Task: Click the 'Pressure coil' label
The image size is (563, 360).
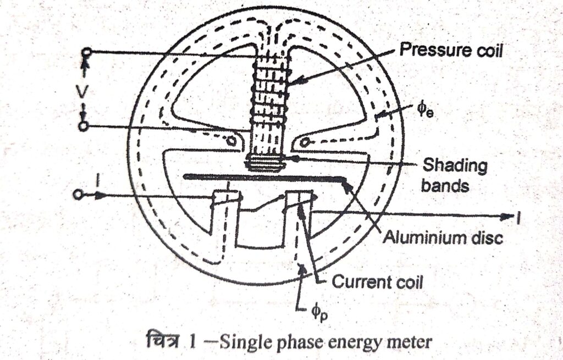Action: coord(451,51)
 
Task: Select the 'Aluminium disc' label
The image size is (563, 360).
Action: coord(443,239)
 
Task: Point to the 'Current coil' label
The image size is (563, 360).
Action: coord(377,283)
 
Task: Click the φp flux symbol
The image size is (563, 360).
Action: coord(317,316)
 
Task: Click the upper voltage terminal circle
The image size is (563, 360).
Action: coord(86,52)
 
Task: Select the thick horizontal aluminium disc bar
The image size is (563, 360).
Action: coord(264,177)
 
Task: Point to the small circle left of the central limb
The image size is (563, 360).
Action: coord(231,141)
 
